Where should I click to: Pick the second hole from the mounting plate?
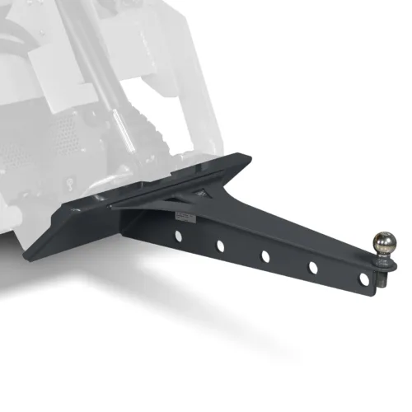pyautogui.click(x=221, y=246)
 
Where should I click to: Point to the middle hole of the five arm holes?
pyautogui.click(x=266, y=256)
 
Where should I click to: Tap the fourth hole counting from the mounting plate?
pyautogui.click(x=314, y=266)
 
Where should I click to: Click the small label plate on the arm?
pyautogui.click(x=185, y=216)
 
